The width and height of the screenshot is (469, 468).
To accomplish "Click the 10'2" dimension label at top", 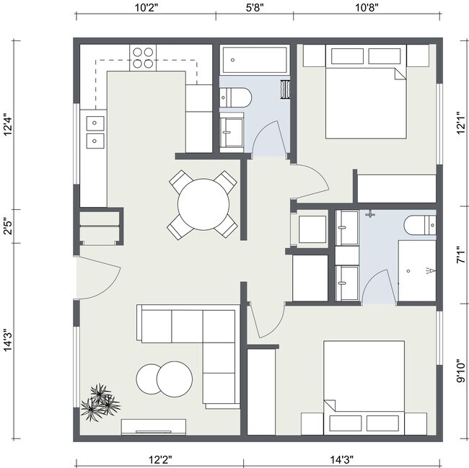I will pos(147,9).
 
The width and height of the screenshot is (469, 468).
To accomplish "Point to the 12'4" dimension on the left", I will pos(9,124).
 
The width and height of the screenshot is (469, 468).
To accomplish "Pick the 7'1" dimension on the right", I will pos(460,255).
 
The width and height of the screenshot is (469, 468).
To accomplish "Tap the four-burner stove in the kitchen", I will pos(144,57).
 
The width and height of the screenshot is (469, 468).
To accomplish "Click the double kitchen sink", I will pos(95,131).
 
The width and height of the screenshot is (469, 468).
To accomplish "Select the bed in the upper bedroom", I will pos(367,92).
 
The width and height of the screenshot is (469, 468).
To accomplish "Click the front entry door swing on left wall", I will pos(97,278).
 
